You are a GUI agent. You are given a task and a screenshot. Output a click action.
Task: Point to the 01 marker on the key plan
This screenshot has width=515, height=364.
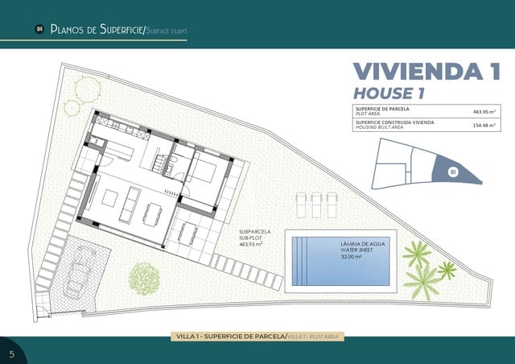click(x=452, y=171)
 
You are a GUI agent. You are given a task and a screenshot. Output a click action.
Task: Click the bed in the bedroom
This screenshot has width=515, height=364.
click(x=204, y=170)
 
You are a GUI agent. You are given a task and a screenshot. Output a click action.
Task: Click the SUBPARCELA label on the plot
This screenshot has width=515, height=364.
click(x=255, y=232)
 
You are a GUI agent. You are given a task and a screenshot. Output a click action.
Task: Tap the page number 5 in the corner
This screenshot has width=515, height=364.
click(x=11, y=354)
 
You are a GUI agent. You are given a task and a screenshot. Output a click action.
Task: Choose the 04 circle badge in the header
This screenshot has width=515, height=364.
click(x=39, y=30)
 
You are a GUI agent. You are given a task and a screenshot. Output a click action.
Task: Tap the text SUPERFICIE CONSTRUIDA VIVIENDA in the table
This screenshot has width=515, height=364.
click(x=393, y=122)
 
